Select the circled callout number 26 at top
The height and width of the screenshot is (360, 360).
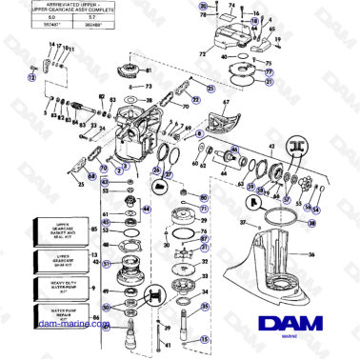(202, 6)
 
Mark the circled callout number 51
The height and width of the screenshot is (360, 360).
(108, 264)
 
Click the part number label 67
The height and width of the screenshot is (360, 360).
(226, 102)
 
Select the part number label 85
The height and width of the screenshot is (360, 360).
(94, 229)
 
